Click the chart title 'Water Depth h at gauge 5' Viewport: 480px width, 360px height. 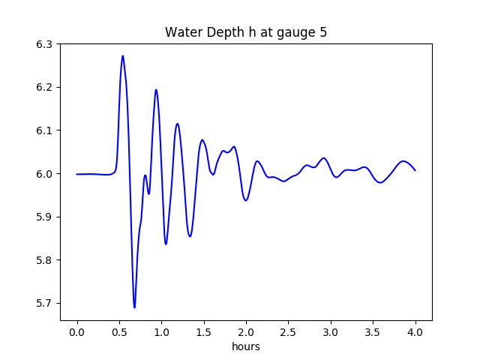click(246, 33)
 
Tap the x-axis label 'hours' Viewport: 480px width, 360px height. click(246, 346)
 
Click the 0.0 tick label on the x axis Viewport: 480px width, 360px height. click(77, 332)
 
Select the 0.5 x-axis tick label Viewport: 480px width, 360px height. click(119, 332)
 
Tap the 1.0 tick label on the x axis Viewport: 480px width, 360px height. click(162, 332)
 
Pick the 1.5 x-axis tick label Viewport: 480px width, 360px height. click(204, 332)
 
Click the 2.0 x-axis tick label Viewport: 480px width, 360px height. click(246, 332)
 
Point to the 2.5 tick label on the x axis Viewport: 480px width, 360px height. click(289, 332)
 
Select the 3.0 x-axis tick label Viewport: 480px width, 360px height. click(331, 332)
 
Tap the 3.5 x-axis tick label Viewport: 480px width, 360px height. click(373, 332)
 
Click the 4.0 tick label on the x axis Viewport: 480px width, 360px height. click(415, 332)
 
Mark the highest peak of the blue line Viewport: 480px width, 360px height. click(123, 55)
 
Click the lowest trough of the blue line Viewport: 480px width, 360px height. click(135, 307)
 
